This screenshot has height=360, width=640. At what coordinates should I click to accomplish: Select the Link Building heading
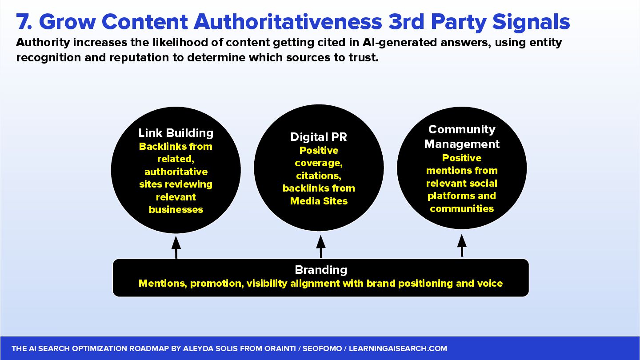pos(176,133)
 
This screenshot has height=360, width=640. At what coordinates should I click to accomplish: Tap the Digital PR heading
pos(319,137)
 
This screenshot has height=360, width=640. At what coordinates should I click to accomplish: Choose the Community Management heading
pos(462,136)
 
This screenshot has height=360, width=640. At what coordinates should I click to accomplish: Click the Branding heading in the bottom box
pos(321,270)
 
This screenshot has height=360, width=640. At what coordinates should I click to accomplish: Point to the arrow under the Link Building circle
pos(176,247)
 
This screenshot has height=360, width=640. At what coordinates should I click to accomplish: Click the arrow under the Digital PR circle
pos(321,246)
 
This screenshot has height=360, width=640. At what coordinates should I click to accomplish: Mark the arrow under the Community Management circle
pos(462,245)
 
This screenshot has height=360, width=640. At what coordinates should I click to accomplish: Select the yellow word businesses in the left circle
pos(176,210)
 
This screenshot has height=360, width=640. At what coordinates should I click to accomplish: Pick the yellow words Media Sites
pos(319,201)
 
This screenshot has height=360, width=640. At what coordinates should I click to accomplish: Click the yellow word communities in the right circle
pos(462,209)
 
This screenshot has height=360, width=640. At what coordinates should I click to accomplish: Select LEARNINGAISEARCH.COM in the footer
pos(398,349)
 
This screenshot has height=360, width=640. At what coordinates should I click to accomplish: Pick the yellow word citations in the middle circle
pos(319,176)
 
